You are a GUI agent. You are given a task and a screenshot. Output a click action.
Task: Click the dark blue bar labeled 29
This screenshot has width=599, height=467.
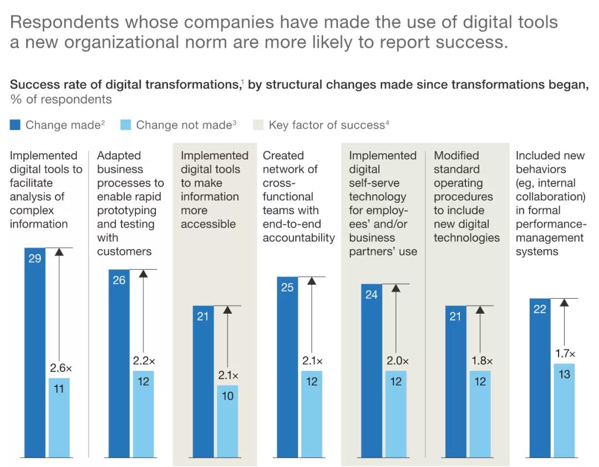[34, 353]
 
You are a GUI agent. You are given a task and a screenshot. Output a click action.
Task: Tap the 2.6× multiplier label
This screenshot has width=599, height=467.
[61, 368]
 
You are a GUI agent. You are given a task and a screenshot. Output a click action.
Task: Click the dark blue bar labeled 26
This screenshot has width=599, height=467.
[119, 364]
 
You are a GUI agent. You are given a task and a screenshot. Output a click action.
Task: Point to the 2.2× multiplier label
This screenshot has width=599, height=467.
[144, 361]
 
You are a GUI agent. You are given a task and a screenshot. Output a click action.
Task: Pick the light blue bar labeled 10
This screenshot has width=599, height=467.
[227, 421]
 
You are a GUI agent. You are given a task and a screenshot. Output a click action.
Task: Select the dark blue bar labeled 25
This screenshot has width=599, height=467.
[287, 367]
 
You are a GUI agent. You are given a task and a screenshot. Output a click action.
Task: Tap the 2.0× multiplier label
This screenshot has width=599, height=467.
[397, 361]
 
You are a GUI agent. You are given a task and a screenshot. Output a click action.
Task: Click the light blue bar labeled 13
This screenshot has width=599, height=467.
[564, 410]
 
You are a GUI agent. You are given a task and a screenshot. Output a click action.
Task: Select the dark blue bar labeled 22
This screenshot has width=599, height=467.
[540, 378]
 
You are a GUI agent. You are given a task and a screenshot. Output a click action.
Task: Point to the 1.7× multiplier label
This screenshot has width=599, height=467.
[565, 354]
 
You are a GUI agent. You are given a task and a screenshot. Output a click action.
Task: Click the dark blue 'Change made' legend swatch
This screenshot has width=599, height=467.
[15, 125]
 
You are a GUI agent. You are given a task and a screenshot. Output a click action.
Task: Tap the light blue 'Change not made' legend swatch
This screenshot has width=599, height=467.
[125, 125]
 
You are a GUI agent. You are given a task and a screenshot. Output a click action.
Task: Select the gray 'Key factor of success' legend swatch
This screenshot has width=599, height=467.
[258, 125]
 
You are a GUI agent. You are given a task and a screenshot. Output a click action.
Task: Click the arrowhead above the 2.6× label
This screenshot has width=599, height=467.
[59, 252]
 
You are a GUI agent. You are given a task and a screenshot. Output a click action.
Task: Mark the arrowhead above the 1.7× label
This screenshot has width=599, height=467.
[564, 303]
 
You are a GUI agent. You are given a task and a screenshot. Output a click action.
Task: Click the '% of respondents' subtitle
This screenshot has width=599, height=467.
[60, 99]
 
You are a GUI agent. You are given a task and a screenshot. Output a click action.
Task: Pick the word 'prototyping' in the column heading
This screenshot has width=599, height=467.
[126, 210]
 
